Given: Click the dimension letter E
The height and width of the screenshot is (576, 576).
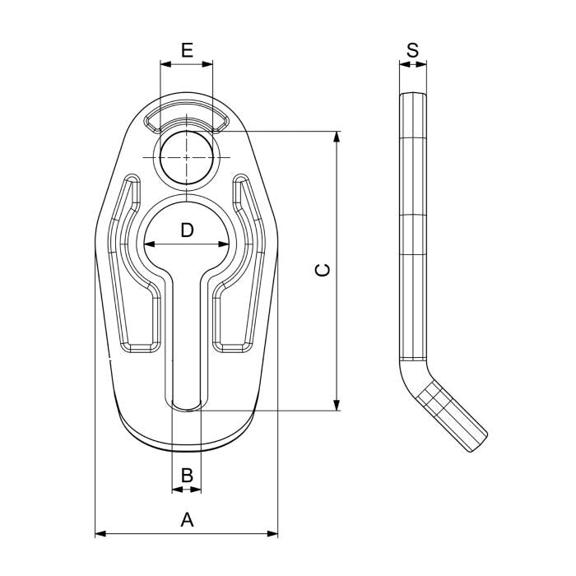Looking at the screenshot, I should [x=187, y=50].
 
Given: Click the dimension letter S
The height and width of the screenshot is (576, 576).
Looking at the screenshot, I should [x=412, y=50].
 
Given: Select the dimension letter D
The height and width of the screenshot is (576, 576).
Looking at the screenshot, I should [x=187, y=230].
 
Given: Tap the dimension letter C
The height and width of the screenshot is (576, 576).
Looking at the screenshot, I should [x=323, y=270].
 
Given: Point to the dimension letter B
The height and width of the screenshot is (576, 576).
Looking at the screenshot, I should [x=187, y=475].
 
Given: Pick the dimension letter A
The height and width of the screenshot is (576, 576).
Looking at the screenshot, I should [x=187, y=519].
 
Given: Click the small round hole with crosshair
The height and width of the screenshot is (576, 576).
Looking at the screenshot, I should [x=187, y=156].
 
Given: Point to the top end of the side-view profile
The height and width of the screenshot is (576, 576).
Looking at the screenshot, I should [x=413, y=97].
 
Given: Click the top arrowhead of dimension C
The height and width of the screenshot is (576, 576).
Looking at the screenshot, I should [x=337, y=135].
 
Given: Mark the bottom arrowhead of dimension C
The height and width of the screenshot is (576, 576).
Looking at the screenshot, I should [x=337, y=405].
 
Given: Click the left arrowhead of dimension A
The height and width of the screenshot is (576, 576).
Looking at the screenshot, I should [x=100, y=534].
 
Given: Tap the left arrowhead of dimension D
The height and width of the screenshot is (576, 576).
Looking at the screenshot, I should [x=148, y=244].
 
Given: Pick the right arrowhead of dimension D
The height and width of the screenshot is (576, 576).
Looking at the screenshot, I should [x=225, y=244].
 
